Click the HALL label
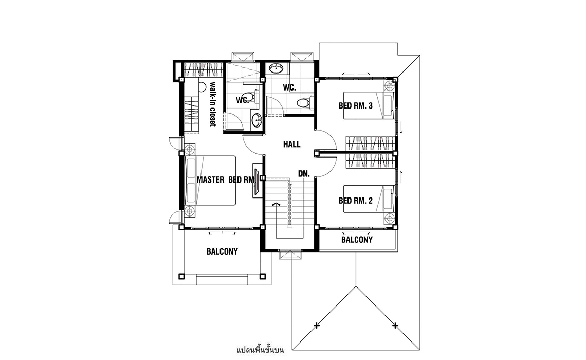291,145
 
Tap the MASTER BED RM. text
226,180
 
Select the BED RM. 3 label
355,106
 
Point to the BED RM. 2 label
355,201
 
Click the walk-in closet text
213,104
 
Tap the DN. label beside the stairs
304,174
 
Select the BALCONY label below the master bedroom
222,251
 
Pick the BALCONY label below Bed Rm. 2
357,240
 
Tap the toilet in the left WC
252,97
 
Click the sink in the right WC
277,68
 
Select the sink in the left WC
257,120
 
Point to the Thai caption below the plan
261,350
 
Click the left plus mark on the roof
317,326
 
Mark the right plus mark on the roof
395,326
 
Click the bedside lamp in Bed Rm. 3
390,85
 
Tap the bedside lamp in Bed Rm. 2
390,218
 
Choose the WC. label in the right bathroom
289,88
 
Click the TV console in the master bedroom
257,179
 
